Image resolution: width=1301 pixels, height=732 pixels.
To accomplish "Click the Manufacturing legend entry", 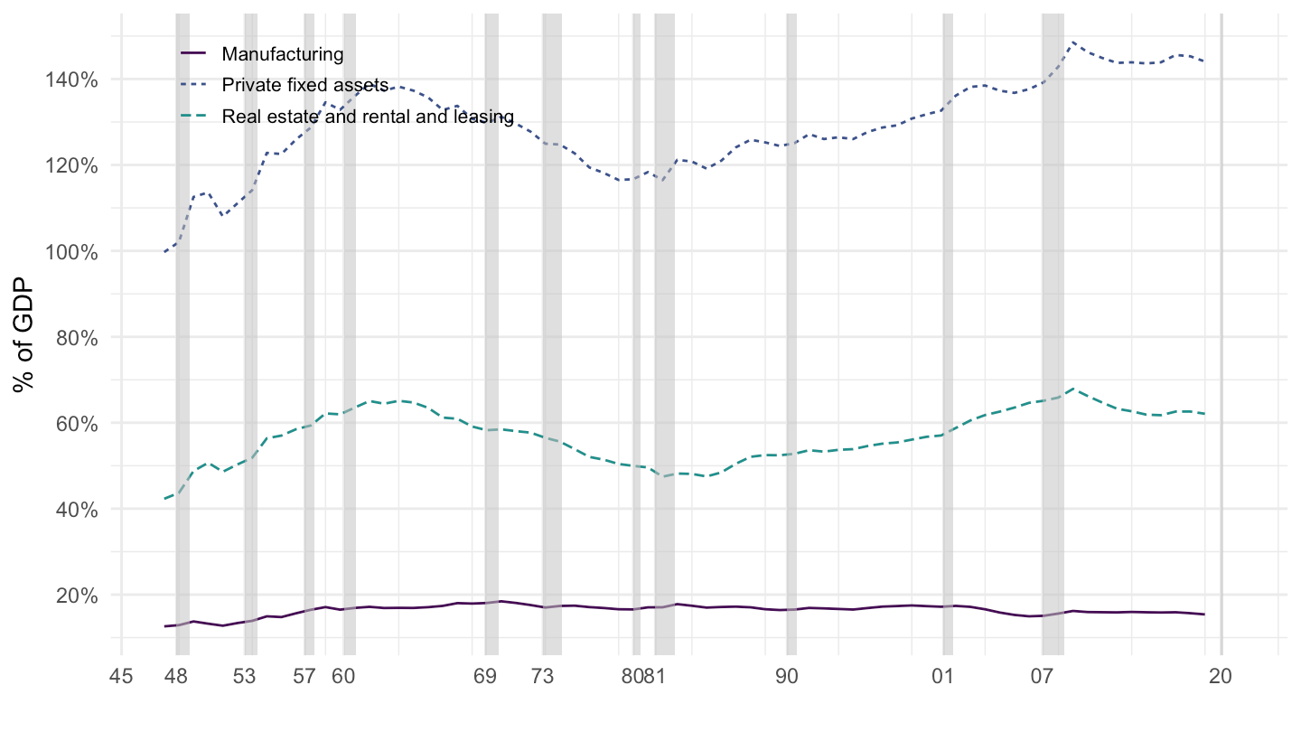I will click(x=283, y=54).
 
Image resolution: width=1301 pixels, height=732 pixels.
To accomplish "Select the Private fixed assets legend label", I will click(x=304, y=85).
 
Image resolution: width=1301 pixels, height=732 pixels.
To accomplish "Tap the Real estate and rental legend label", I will click(x=368, y=117).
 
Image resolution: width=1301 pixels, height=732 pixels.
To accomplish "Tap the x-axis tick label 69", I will click(x=486, y=676).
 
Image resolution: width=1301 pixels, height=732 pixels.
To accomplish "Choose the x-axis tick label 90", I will click(x=787, y=676).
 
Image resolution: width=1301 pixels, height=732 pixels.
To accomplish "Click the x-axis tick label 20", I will click(x=1221, y=676).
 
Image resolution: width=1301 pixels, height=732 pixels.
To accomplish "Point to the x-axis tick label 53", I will click(x=245, y=676).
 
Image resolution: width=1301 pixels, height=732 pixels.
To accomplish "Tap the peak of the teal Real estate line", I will click(x=1072, y=389).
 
